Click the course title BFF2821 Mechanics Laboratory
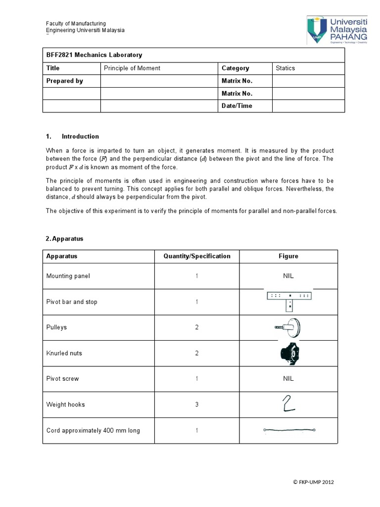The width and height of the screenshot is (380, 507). pos(94,55)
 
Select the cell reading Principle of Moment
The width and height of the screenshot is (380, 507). pos(132,68)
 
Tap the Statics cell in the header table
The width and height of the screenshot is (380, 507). pos(285,68)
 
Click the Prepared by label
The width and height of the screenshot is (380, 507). pos(64,81)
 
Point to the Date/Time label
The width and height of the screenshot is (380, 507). pos(237,106)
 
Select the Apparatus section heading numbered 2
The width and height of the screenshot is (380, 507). pos(64,239)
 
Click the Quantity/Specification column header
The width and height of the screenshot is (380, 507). pos(197,256)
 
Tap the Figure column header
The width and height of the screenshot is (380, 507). pos(288,256)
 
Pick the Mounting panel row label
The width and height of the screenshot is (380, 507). pos(68,276)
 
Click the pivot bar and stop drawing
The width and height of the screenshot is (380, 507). pos(288,300)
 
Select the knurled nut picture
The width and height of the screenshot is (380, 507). pos(288,353)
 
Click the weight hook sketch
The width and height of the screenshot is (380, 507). pos(288,404)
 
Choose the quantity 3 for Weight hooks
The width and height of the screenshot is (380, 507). pos(196,405)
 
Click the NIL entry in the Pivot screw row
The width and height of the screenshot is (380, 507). pos(288,379)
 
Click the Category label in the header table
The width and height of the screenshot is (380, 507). pos(236,68)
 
